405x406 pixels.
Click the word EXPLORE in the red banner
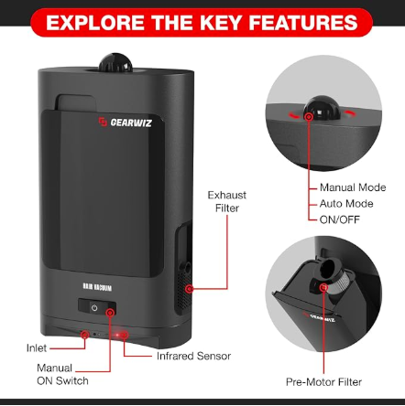click(x=95, y=23)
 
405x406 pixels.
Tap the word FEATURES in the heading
click(x=303, y=23)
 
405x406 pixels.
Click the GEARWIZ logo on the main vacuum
click(x=125, y=123)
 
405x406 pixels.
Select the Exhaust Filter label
click(x=226, y=201)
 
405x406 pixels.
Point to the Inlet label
click(x=37, y=348)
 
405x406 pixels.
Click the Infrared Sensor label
click(x=193, y=356)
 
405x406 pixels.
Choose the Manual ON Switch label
click(x=62, y=374)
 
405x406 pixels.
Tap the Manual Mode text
click(x=353, y=187)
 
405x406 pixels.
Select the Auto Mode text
click(x=346, y=204)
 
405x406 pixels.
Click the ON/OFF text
click(x=340, y=219)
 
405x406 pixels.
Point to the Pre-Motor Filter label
click(x=323, y=382)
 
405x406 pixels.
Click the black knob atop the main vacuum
click(x=115, y=63)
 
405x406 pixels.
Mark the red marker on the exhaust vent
click(x=190, y=289)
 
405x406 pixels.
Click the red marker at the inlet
click(x=84, y=335)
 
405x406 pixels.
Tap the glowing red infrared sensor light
click(x=118, y=336)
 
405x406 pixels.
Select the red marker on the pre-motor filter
click(x=323, y=287)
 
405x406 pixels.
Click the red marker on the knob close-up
click(x=309, y=116)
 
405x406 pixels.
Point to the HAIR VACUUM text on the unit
click(x=97, y=287)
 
